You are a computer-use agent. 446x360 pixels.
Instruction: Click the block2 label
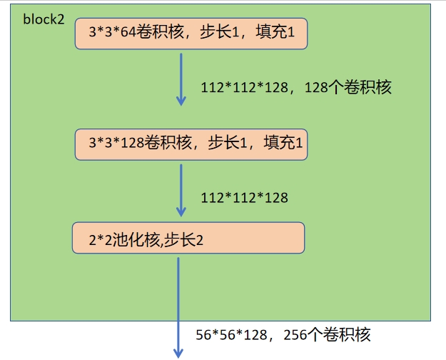tap(44, 19)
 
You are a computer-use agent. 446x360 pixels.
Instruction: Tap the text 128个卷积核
tap(348, 88)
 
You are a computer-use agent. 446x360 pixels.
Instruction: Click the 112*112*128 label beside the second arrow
tap(245, 197)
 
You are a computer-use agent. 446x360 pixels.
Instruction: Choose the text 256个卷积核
tap(327, 334)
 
